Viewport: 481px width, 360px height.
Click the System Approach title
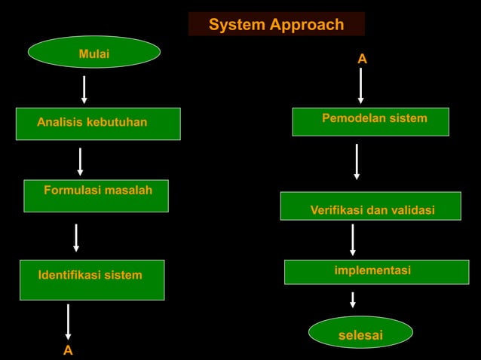pos(276,24)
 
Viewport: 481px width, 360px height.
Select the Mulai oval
pos(94,53)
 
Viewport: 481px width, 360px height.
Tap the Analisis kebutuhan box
pos(98,124)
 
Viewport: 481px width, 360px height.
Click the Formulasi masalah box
pos(96,196)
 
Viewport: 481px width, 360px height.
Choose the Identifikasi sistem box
pos(92,279)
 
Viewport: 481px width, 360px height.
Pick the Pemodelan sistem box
pos(370,122)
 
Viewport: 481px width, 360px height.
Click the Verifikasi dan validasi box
pos(370,206)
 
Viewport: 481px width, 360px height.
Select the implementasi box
pos(376,272)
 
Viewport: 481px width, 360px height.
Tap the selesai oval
pos(361,332)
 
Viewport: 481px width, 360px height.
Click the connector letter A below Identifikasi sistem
pos(68,351)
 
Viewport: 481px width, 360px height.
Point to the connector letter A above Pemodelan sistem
pos(362,59)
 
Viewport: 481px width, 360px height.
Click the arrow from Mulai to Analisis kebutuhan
pos(84,89)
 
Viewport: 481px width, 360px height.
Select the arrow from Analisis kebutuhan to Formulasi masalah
pos(80,161)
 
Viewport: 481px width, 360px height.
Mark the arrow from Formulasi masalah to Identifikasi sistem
pos(76,237)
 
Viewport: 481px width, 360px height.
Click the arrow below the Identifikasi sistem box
pos(69,322)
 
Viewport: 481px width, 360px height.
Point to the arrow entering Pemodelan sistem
pos(361,85)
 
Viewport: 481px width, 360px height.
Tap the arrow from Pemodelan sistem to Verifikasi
pos(357,161)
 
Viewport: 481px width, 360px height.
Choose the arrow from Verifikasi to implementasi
pos(353,239)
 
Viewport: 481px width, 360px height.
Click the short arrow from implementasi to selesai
pos(353,300)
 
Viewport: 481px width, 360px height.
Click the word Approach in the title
pos(308,24)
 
